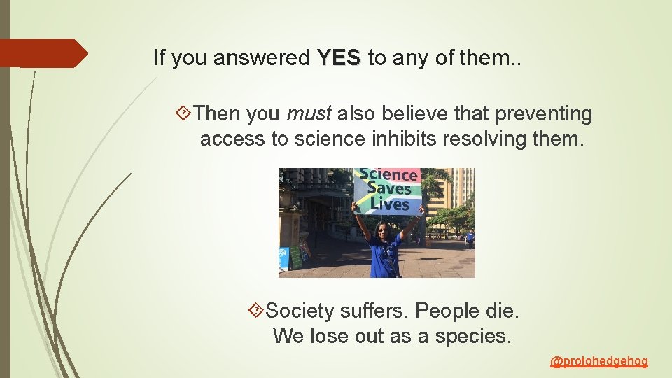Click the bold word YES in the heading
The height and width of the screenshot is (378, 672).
coord(339,58)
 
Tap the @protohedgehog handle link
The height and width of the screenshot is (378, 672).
coord(599,361)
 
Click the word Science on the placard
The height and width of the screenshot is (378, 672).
coord(388,175)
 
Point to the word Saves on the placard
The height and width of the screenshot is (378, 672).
coord(388,189)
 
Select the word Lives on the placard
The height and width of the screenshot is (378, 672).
coord(389,204)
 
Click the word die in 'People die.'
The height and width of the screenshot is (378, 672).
coord(502,310)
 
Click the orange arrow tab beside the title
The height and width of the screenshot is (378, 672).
coord(42,53)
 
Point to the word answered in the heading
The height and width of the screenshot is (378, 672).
coord(262,58)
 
